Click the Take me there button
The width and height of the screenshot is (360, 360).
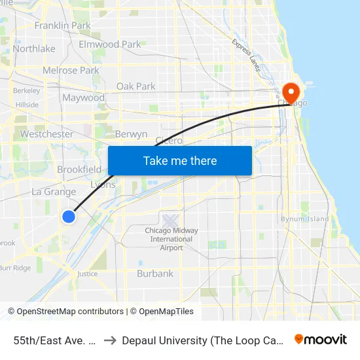[180, 160]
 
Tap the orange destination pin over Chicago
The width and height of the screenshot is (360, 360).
[289, 92]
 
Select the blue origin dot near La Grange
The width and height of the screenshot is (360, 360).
[68, 217]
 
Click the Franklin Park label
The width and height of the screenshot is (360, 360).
[62, 26]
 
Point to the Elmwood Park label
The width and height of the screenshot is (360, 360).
[109, 45]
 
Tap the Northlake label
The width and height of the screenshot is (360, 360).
[34, 48]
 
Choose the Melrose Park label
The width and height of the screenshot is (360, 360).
[71, 70]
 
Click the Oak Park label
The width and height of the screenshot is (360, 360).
[135, 86]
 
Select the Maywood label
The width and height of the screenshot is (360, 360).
[83, 98]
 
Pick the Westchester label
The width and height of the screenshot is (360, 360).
[46, 134]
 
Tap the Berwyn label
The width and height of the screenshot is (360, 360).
[131, 134]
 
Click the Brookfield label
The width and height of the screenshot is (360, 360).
[79, 170]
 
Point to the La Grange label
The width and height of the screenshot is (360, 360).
[54, 192]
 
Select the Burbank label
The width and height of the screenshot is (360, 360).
[155, 274]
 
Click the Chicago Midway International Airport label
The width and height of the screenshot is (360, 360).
[171, 239]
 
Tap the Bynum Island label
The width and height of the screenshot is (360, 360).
[305, 219]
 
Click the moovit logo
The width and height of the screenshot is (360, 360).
[321, 339]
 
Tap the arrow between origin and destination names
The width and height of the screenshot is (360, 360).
[109, 340]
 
